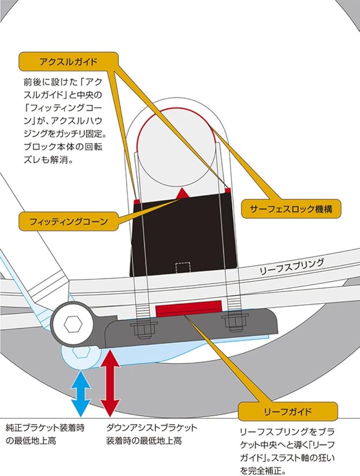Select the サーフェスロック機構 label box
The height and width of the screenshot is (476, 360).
tap(291, 207)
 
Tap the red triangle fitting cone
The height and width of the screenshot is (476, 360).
tap(183, 193)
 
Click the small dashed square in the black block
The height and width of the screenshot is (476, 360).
tap(184, 267)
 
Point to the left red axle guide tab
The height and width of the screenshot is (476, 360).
tap(136, 201)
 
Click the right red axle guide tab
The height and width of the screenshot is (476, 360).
tap(229, 190)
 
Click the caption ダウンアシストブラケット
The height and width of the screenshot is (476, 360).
tap(151, 427)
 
